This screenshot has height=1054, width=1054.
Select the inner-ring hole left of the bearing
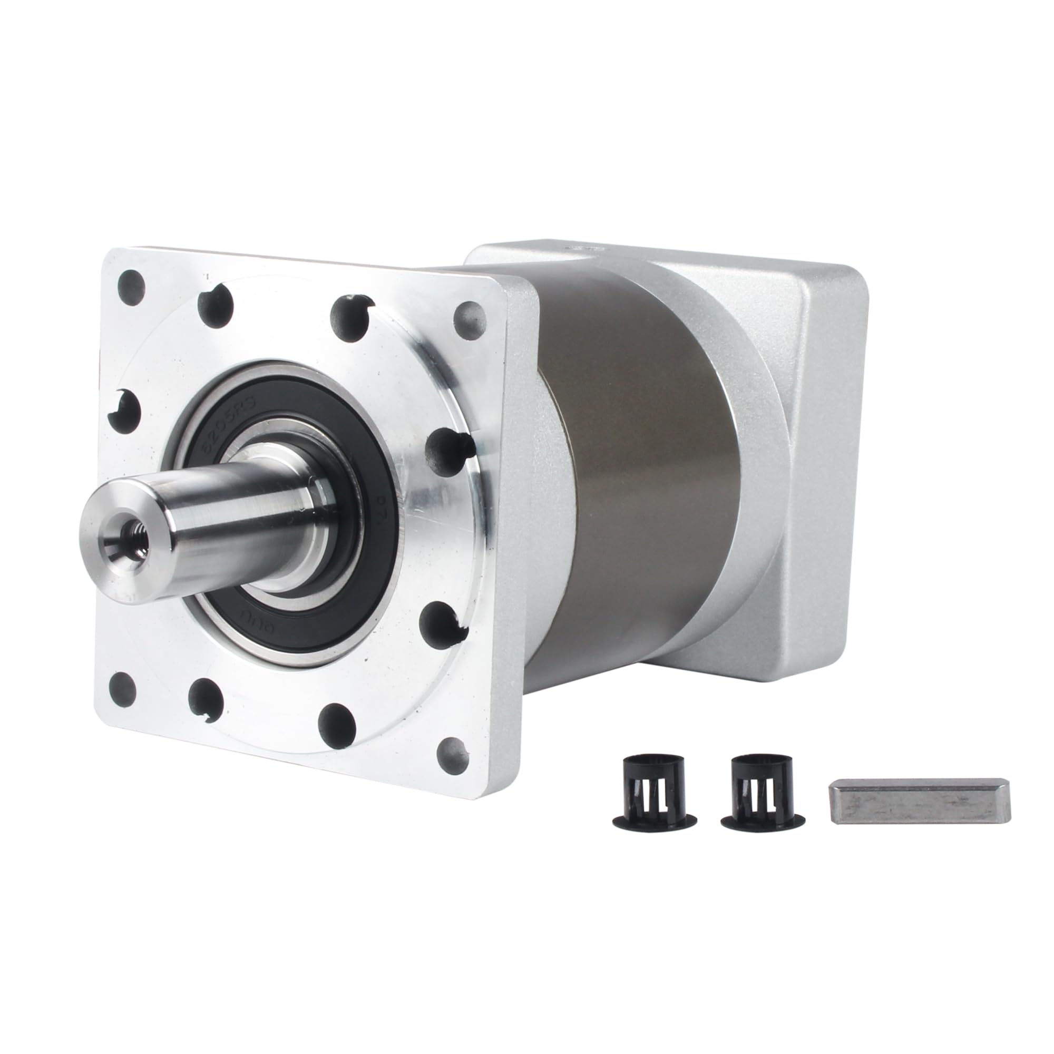[x=123, y=412]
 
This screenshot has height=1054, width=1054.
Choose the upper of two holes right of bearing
[x=445, y=450]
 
